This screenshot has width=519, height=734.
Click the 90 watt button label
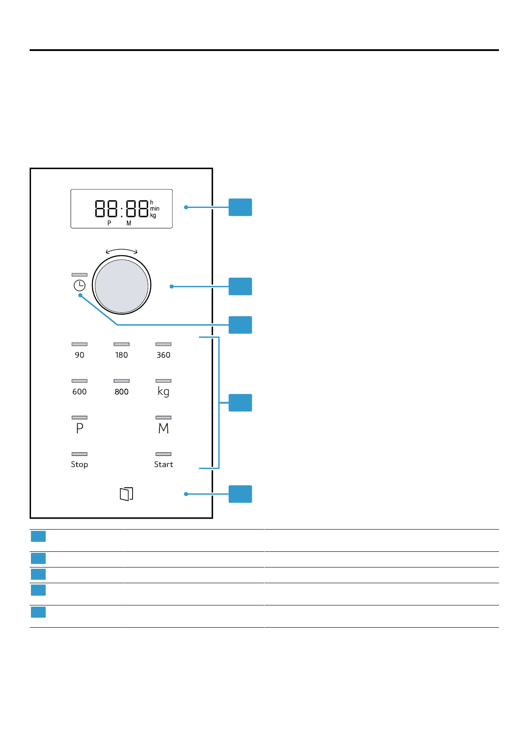pyautogui.click(x=79, y=355)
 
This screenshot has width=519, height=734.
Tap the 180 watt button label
pyautogui.click(x=122, y=355)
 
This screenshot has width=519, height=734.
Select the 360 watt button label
pyautogui.click(x=163, y=355)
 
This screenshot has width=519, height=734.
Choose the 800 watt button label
pyautogui.click(x=122, y=392)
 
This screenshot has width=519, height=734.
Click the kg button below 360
pyautogui.click(x=163, y=391)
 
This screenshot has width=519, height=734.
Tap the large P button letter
pyautogui.click(x=80, y=428)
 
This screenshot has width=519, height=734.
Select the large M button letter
pyautogui.click(x=163, y=428)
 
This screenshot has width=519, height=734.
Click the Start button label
pyautogui.click(x=163, y=465)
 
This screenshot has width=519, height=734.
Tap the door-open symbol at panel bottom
pyautogui.click(x=126, y=494)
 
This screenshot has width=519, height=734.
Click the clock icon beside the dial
pyautogui.click(x=79, y=285)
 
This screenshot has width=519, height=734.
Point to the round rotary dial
pyautogui.click(x=122, y=286)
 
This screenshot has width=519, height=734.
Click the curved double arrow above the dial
pyautogui.click(x=122, y=251)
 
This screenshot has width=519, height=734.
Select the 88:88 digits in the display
pyautogui.click(x=122, y=208)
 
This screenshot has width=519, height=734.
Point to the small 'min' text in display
pyautogui.click(x=155, y=209)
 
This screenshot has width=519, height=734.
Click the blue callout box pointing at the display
pyautogui.click(x=240, y=207)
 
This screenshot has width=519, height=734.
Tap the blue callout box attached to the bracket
pyautogui.click(x=240, y=403)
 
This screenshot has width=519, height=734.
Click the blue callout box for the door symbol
pyautogui.click(x=240, y=494)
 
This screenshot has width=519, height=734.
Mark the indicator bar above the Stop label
pyautogui.click(x=79, y=454)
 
